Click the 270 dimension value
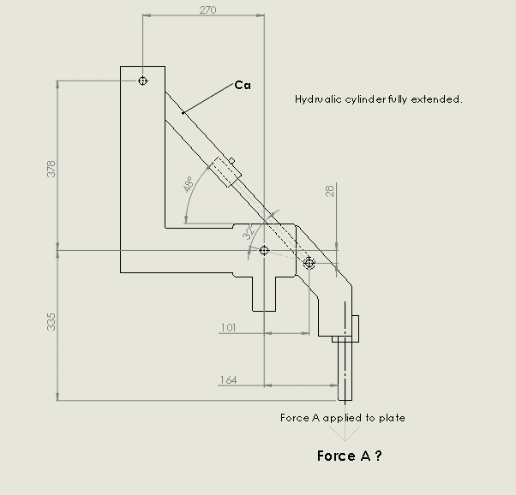pyautogui.click(x=208, y=10)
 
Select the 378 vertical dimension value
pyautogui.click(x=51, y=169)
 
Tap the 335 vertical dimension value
pyautogui.click(x=51, y=322)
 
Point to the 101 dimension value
pyautogui.click(x=228, y=328)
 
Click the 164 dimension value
pyautogui.click(x=228, y=380)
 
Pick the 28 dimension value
pyautogui.click(x=330, y=191)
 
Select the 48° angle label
pyautogui.click(x=189, y=184)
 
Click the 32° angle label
pyautogui.click(x=249, y=231)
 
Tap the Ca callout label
pyautogui.click(x=243, y=85)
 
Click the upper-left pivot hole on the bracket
pyautogui.click(x=142, y=81)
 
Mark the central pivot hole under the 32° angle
pyautogui.click(x=264, y=250)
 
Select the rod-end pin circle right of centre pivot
pyautogui.click(x=309, y=263)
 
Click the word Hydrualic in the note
pyautogui.click(x=318, y=99)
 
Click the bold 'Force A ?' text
pyautogui.click(x=350, y=456)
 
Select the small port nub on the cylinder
pyautogui.click(x=231, y=161)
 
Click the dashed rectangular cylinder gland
pyautogui.click(x=225, y=172)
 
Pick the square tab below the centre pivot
pyautogui.click(x=264, y=294)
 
